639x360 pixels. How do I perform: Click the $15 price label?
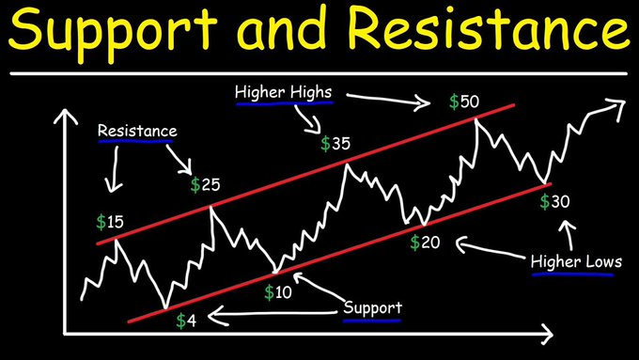(110, 223)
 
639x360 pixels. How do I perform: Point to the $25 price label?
(205, 184)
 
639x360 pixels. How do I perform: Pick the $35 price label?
(335, 144)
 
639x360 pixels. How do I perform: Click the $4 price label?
(186, 320)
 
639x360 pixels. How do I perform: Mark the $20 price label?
(426, 242)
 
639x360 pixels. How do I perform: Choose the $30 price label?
(555, 201)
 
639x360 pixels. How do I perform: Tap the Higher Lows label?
(575, 261)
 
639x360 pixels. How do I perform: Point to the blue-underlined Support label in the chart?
(372, 307)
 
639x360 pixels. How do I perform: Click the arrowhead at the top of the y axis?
(64, 117)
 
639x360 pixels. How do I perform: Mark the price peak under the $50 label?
(478, 120)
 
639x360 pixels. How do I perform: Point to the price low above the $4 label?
(166, 306)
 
